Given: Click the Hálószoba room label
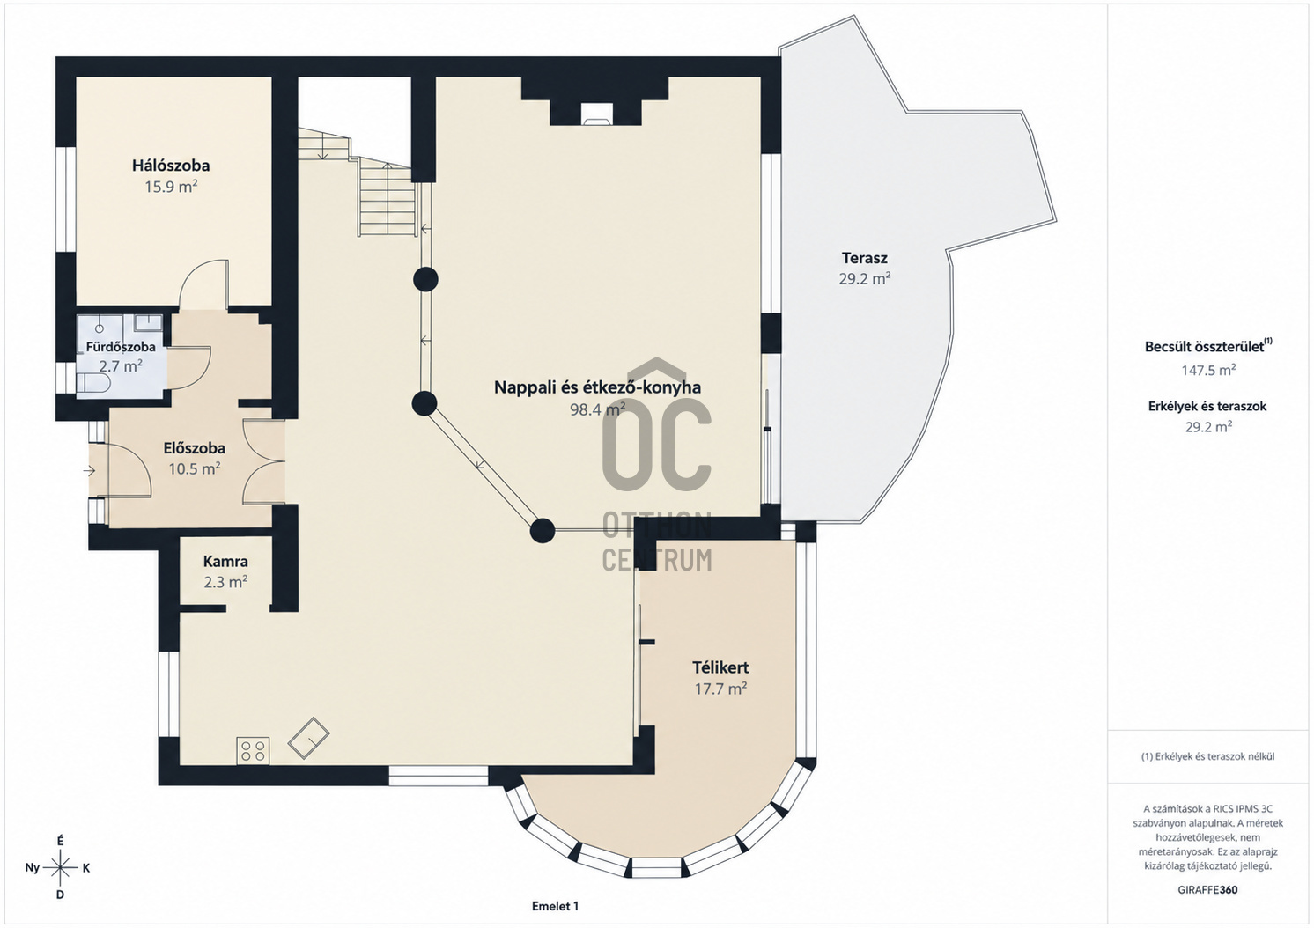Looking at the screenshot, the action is tap(171, 166).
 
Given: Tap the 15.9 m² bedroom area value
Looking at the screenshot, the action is tap(171, 188).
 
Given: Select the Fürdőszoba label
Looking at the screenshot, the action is tap(121, 347).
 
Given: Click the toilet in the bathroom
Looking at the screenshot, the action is tap(94, 384).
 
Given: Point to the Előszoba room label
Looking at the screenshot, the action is tap(194, 448).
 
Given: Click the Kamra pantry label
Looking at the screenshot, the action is tap(225, 562).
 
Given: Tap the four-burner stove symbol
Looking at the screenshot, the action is tap(253, 750).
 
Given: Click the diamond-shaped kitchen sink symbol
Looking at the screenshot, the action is tap(308, 738).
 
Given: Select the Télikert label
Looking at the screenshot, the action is tap(720, 667).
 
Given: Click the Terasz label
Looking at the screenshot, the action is tap(865, 257).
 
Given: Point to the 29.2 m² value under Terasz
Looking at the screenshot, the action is tap(865, 278).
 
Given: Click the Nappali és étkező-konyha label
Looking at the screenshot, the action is tap(597, 387).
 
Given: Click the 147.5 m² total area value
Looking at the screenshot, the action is tap(1208, 370).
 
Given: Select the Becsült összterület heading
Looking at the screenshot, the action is tap(1208, 346).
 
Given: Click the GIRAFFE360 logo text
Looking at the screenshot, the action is tap(1207, 890).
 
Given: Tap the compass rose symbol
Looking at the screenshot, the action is tap(61, 867).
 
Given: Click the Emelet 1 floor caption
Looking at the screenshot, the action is tap(555, 906).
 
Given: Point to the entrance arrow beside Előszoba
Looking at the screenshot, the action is tap(89, 470).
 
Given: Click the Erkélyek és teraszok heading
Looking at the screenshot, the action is tap(1207, 406).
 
